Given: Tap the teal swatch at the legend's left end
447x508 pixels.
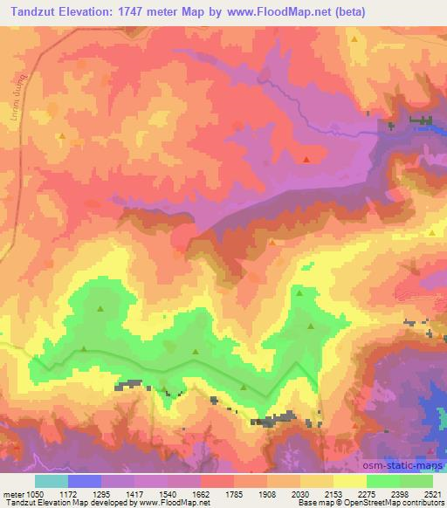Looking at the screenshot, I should pyautogui.click(x=52, y=481).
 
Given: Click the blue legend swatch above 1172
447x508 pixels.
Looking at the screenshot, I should pyautogui.click(x=85, y=481).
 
